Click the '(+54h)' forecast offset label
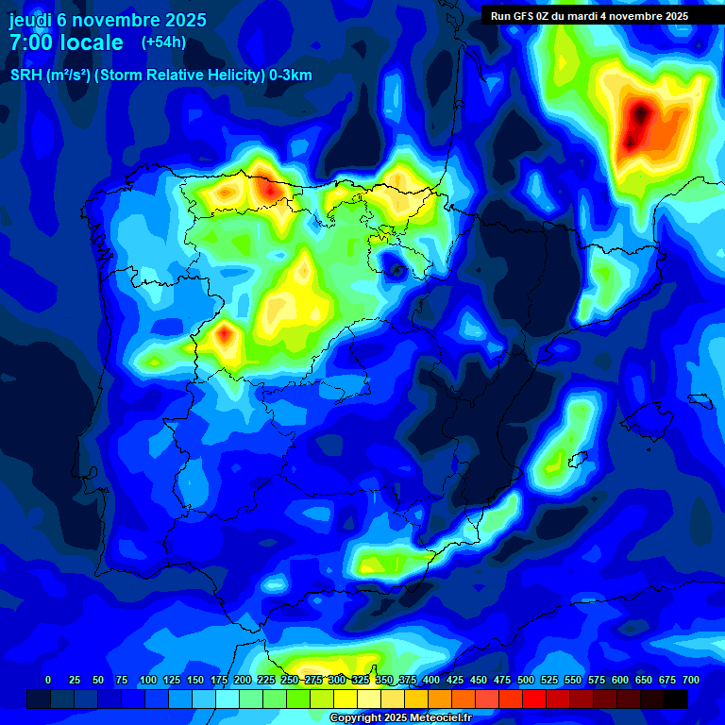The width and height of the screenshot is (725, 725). tap(163, 42)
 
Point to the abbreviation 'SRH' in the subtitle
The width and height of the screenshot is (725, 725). tap(26, 76)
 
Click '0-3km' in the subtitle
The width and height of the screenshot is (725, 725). tap(291, 76)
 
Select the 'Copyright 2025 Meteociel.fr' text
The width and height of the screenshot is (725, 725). tap(400, 718)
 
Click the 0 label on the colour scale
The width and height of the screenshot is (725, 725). tap(48, 680)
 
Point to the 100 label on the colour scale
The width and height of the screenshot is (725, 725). tap(147, 680)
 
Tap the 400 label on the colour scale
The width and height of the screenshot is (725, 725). tap(431, 680)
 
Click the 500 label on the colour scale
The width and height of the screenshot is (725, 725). tap(526, 680)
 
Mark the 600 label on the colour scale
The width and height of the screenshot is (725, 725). tap(620, 680)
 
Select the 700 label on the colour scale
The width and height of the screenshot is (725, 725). tap(691, 680)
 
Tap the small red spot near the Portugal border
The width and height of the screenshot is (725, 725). tap(225, 333)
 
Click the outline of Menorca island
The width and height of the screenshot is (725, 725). tap(699, 400)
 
